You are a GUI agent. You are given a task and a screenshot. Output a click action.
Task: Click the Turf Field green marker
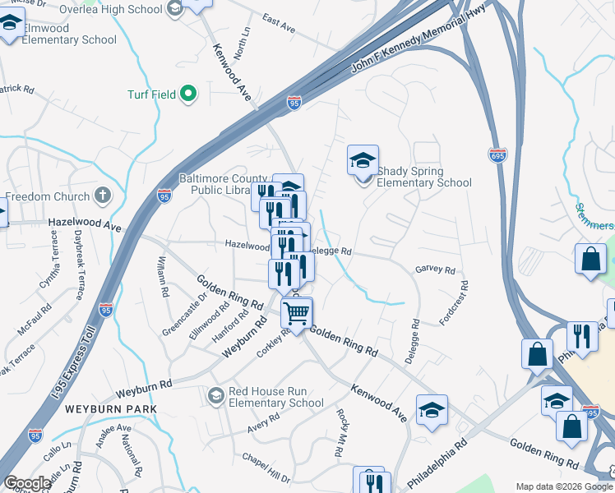click(x=188, y=94)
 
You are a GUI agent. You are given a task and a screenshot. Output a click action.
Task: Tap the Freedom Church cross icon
click(x=102, y=196)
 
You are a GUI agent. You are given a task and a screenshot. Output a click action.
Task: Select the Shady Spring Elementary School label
click(x=423, y=177)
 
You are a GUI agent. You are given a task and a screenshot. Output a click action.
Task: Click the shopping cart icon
click(x=296, y=311)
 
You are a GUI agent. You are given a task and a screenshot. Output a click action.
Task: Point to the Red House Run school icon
click(x=215, y=395)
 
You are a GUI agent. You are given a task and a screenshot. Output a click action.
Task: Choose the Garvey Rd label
click(x=435, y=270)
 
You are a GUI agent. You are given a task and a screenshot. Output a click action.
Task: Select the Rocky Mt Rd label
click(x=340, y=432)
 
